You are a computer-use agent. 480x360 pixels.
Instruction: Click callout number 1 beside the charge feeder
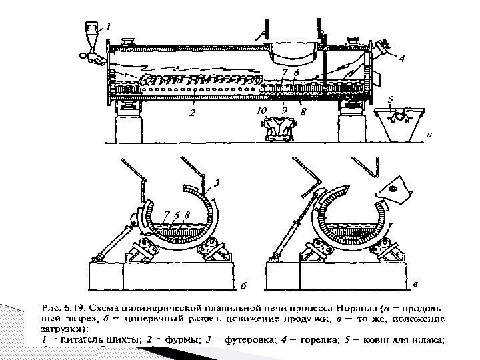109,27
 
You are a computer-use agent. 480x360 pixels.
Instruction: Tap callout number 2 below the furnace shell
192,113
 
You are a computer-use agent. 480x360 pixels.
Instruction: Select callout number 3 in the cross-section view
217,181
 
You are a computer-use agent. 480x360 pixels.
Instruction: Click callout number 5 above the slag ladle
391,99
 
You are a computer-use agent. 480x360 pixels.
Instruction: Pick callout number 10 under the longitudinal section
262,111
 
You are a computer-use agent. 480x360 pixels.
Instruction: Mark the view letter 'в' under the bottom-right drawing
416,285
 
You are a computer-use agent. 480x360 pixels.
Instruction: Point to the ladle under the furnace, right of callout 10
281,127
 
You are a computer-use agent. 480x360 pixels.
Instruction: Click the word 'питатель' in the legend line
79,339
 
